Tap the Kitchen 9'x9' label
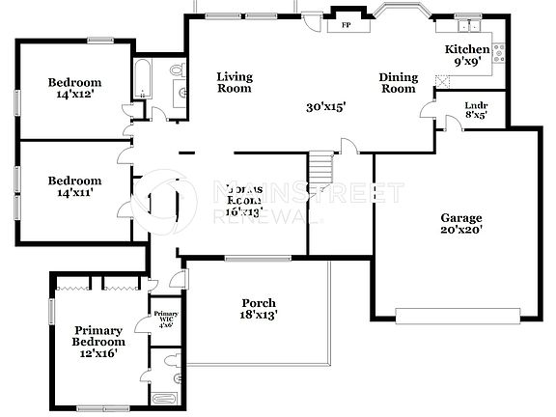point(467,55)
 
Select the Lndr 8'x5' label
point(475,109)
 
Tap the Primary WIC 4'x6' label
point(166,319)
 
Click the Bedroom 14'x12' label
point(74,89)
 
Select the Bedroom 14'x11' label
point(74,186)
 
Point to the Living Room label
point(234,82)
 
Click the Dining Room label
point(397,82)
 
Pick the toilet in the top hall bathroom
point(177,70)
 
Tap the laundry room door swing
point(449,121)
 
